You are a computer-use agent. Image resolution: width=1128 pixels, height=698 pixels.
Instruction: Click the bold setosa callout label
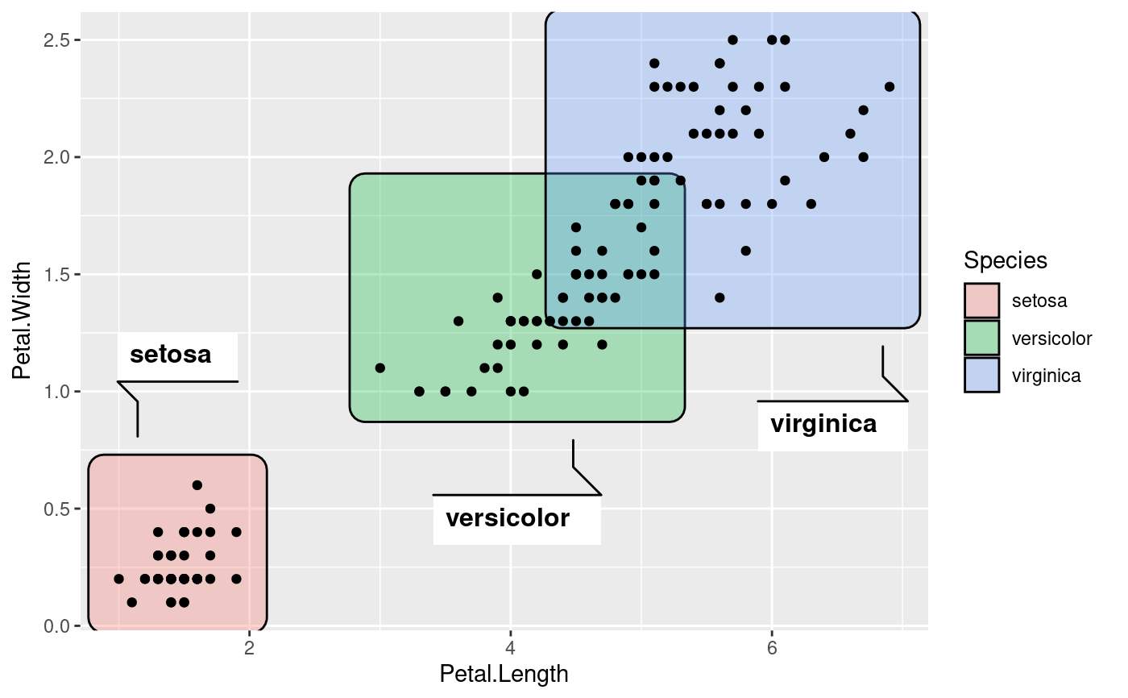click(x=171, y=355)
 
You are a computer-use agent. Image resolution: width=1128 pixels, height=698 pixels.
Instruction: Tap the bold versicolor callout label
click(x=508, y=518)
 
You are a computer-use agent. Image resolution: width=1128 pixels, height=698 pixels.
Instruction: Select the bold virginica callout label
click(x=823, y=424)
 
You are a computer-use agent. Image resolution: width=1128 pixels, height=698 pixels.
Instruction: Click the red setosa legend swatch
click(x=981, y=301)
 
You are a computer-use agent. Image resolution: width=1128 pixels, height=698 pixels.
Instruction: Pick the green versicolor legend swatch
click(x=981, y=338)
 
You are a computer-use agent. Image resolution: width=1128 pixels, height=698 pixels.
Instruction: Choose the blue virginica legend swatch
click(x=981, y=375)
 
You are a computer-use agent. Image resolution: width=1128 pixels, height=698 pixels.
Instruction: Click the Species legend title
click(x=1006, y=260)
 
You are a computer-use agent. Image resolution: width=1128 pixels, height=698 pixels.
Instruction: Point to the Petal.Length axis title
click(x=504, y=674)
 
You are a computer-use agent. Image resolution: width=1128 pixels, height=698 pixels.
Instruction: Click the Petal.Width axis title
click(x=23, y=320)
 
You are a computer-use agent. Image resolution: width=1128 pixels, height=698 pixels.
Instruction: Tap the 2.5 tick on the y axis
click(x=59, y=40)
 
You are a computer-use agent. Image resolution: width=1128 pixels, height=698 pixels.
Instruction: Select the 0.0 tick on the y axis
click(x=59, y=626)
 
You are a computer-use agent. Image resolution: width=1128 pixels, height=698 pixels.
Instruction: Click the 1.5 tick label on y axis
click(x=59, y=275)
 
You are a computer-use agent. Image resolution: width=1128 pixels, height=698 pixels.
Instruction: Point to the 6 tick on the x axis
click(x=771, y=648)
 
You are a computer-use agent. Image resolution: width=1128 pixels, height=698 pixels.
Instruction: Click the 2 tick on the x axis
click(x=249, y=648)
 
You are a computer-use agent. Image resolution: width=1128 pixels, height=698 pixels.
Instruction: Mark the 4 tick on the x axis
click(x=510, y=648)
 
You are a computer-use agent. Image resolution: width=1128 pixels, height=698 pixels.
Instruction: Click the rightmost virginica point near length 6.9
click(x=889, y=87)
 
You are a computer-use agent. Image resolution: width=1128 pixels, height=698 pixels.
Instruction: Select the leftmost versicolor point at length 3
click(x=380, y=368)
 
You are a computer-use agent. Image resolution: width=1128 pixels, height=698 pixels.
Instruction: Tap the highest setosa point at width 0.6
click(x=197, y=485)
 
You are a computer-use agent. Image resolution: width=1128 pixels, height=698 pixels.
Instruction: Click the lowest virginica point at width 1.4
click(x=720, y=297)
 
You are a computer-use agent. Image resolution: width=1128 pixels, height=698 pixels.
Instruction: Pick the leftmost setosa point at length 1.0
click(x=119, y=579)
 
